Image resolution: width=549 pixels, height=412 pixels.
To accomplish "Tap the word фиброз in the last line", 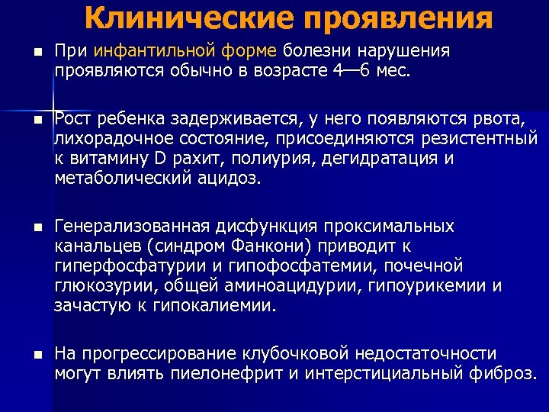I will (505, 374).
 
